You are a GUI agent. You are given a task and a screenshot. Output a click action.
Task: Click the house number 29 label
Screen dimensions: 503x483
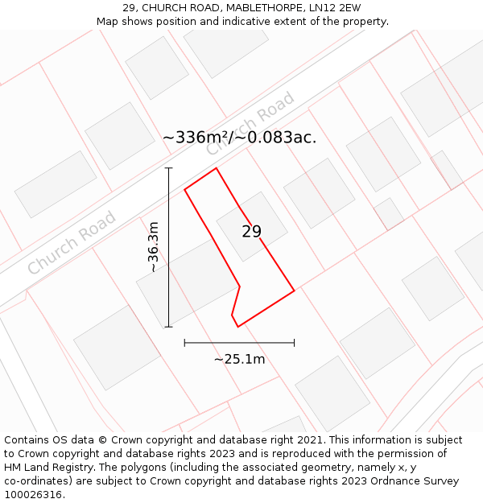[251, 232]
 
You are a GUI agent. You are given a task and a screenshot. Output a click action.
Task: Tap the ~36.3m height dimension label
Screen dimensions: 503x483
[153, 247]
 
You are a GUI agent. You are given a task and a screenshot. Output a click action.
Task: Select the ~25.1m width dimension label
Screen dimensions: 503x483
[239, 359]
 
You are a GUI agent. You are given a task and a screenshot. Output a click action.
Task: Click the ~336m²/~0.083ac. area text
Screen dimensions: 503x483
[239, 138]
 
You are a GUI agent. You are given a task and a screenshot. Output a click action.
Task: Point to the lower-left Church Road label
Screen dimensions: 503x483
[72, 243]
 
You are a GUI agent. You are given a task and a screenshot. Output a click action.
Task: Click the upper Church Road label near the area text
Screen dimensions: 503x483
[250, 124]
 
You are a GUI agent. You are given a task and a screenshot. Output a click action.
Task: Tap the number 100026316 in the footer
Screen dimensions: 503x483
[32, 495]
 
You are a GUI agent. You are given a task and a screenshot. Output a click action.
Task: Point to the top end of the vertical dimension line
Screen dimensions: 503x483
[169, 168]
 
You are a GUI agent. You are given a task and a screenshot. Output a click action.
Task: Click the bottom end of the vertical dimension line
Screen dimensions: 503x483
[169, 327]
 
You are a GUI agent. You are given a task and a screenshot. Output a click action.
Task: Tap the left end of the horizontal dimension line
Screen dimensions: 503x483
[185, 343]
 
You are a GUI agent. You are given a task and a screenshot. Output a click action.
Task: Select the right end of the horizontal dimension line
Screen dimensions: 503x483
[294, 343]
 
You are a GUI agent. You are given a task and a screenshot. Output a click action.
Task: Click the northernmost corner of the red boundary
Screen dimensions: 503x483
[217, 168]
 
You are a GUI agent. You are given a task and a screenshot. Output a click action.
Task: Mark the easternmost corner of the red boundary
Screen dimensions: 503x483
[294, 290]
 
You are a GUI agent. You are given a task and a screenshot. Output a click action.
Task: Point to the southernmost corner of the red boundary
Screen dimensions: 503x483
[237, 326]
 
